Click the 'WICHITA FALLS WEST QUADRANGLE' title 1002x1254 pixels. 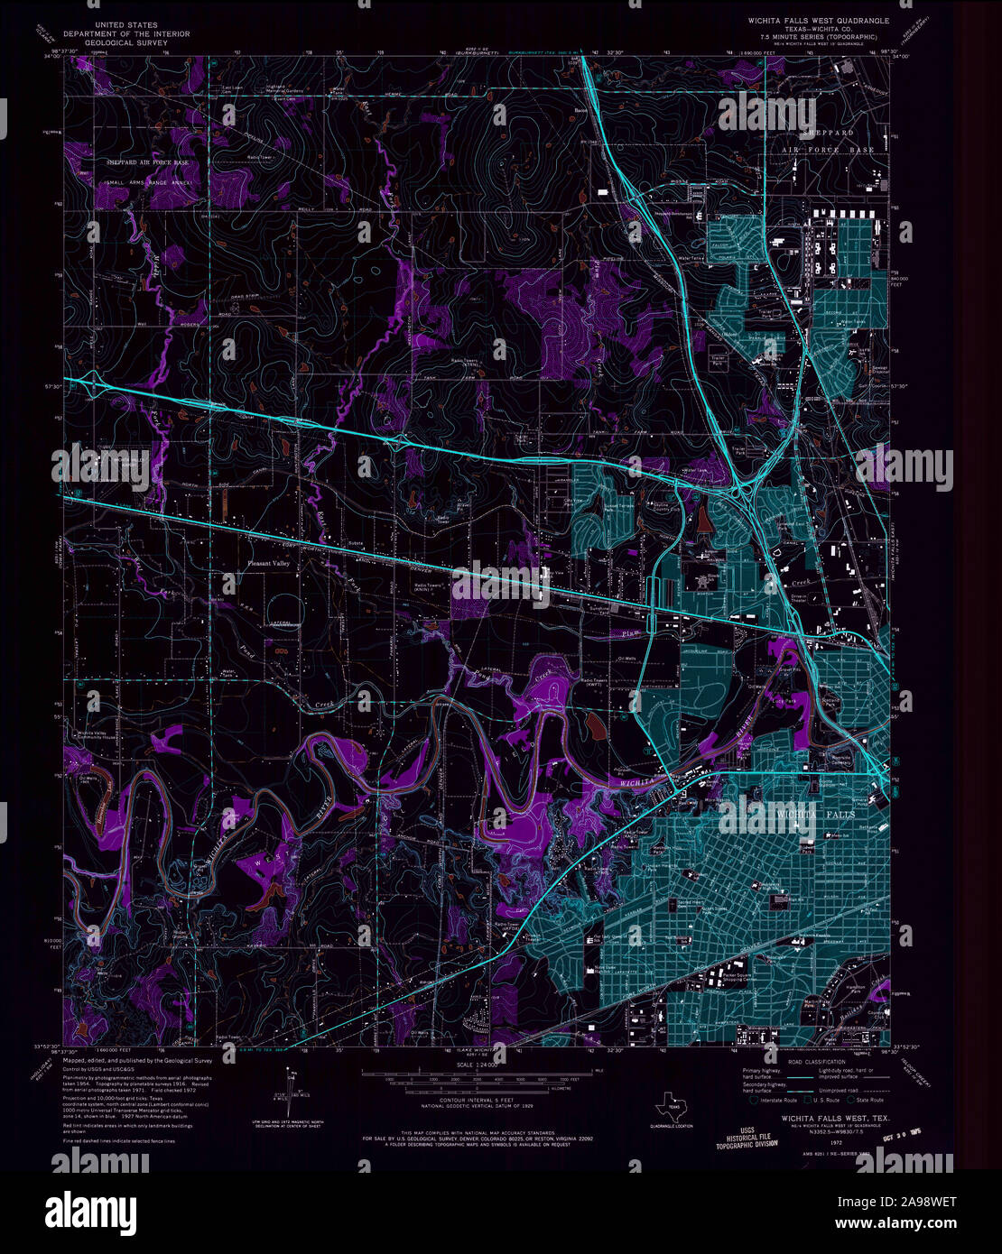(817, 21)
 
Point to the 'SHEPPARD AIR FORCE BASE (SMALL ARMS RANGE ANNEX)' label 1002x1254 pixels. (148, 171)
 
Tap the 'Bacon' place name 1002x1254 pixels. (581, 112)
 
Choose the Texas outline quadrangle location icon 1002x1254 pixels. (671, 1102)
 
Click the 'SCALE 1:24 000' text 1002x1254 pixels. (477, 1065)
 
